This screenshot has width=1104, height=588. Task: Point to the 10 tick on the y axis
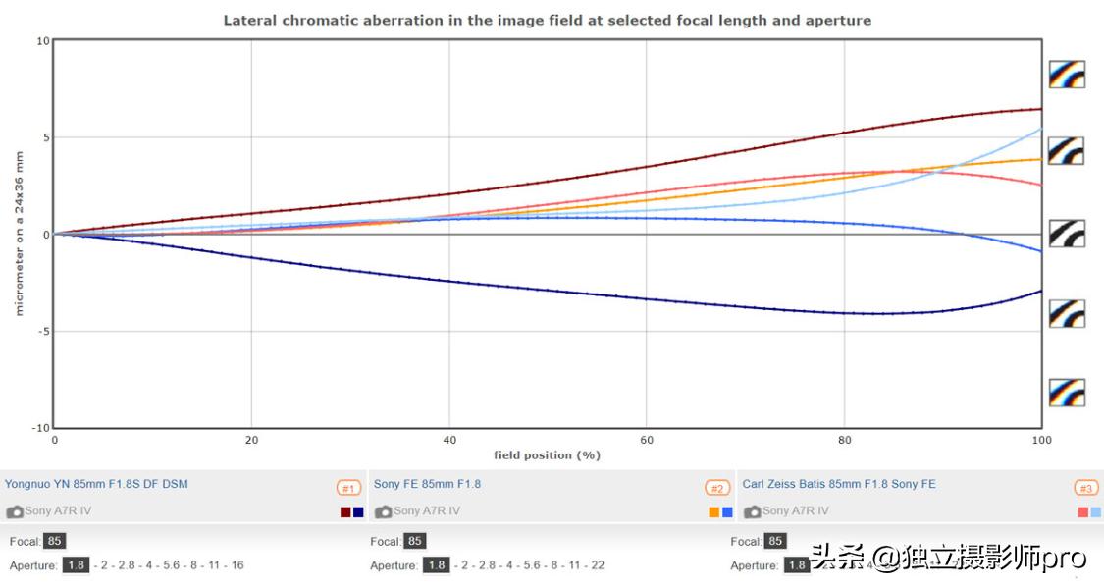pos(42,41)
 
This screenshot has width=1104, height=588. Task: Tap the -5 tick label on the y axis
pos(41,332)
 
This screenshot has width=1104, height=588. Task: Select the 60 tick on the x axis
pos(648,440)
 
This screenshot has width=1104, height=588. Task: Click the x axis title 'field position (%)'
pos(547,454)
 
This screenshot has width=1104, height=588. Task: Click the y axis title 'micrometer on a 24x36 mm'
pos(19,234)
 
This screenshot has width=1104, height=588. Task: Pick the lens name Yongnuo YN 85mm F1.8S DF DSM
pos(96,484)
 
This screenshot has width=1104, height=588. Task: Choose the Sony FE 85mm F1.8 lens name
pos(427,484)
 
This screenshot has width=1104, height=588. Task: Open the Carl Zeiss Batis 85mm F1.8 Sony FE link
pos(839,484)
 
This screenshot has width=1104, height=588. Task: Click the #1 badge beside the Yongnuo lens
pos(348,488)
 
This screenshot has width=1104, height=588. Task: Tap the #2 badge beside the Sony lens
pos(717,488)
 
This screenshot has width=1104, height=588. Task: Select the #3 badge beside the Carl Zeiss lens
pos(1085,488)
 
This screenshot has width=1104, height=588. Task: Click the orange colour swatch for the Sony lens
pos(714,512)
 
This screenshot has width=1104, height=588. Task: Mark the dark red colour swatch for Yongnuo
pos(345,512)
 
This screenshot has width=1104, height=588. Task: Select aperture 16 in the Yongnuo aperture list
pos(237,565)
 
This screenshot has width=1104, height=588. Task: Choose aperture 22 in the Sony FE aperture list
pos(598,565)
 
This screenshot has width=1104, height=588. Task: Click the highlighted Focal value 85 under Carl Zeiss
pos(776,541)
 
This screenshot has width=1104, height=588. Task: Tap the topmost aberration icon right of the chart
pos(1066,74)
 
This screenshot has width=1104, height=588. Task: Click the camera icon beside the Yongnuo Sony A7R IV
pos(15,511)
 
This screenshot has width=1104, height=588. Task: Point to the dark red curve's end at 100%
pos(1040,109)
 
